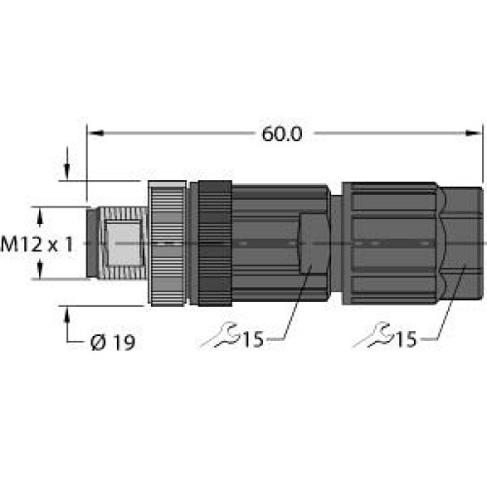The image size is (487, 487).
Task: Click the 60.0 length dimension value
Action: [x=281, y=134]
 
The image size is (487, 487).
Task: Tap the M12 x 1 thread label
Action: [x=37, y=244]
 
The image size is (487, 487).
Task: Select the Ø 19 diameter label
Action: [x=113, y=343]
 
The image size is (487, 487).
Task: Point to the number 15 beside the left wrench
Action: [x=253, y=339]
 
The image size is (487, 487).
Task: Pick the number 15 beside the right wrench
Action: [x=406, y=339]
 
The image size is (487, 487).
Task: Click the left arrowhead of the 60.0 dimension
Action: [x=95, y=132]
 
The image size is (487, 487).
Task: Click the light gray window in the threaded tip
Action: [x=123, y=243]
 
